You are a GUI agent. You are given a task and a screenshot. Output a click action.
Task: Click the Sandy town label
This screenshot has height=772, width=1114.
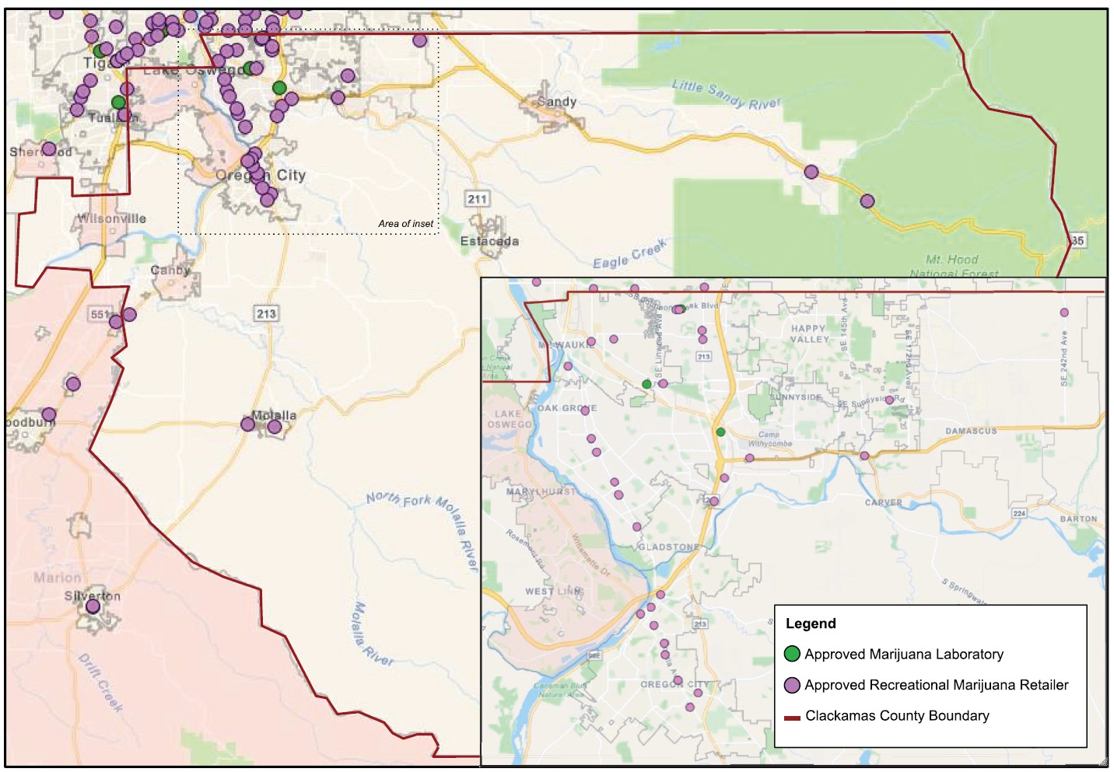(557, 102)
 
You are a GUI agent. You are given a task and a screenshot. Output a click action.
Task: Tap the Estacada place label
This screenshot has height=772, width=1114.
(489, 241)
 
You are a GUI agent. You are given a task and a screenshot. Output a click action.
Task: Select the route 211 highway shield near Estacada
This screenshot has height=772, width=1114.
(477, 199)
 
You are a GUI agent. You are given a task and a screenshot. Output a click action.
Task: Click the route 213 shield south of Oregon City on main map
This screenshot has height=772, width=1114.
(266, 313)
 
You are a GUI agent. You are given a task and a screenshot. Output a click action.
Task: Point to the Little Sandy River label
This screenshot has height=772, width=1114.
(726, 95)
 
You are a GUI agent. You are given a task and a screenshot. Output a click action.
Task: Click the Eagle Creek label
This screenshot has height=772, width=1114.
(630, 254)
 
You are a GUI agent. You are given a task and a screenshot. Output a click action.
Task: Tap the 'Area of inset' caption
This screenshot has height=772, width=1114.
(405, 224)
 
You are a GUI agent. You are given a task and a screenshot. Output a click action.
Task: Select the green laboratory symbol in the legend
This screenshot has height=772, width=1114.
(792, 654)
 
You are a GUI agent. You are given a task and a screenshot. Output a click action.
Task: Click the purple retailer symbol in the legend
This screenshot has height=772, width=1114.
(792, 685)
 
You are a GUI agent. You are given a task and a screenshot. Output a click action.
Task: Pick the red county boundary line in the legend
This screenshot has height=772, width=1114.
(792, 717)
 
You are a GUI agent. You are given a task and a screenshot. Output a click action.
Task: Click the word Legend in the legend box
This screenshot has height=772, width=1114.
(811, 624)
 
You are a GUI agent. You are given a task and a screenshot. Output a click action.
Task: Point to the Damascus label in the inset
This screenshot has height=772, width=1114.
(970, 431)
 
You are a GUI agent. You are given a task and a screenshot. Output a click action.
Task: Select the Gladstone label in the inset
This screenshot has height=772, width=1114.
(668, 547)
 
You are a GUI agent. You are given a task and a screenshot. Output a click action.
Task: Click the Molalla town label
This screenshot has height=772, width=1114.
(274, 415)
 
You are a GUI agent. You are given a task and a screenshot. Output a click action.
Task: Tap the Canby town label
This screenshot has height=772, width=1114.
(170, 270)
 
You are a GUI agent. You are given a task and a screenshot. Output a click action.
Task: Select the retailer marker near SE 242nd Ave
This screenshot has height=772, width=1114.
(1064, 313)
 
